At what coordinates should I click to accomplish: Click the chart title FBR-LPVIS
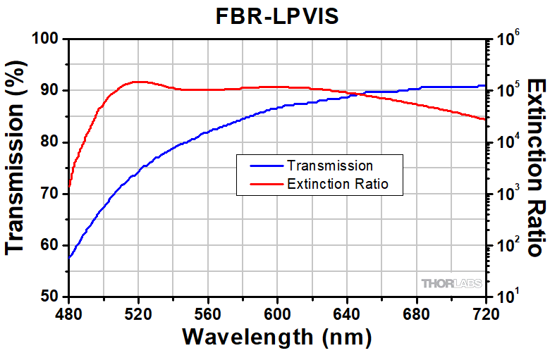point(276,17)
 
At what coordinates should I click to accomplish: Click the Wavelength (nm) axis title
point(276,337)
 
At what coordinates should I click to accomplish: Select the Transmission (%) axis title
point(17,167)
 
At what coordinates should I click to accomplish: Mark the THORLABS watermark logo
point(451,284)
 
